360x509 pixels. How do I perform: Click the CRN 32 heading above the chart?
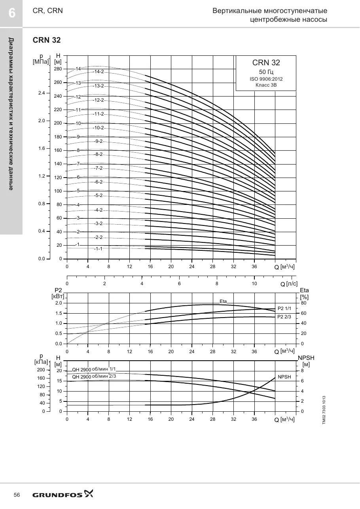pyautogui.click(x=47, y=40)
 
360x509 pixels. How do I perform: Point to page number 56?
pyautogui.click(x=17, y=495)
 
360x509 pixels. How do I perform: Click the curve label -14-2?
pyautogui.click(x=99, y=72)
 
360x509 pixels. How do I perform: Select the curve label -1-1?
pyautogui.click(x=99, y=249)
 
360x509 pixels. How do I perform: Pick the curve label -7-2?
pyautogui.click(x=99, y=168)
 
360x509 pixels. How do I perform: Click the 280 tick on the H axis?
pyautogui.click(x=58, y=69)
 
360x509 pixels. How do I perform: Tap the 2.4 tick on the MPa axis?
pyautogui.click(x=42, y=93)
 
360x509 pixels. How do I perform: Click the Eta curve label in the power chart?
pyautogui.click(x=223, y=301)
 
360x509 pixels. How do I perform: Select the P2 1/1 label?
pyautogui.click(x=284, y=308)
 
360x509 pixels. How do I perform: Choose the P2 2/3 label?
pyautogui.click(x=284, y=317)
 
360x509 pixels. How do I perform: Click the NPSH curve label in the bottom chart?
pyautogui.click(x=284, y=377)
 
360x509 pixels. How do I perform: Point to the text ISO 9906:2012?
pyautogui.click(x=266, y=79)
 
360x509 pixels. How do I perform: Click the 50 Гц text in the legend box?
pyautogui.click(x=266, y=72)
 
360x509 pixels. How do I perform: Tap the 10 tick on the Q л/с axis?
pyautogui.click(x=254, y=284)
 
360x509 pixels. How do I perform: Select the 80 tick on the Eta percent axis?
pyautogui.click(x=304, y=303)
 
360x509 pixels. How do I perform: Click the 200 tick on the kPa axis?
pyautogui.click(x=41, y=370)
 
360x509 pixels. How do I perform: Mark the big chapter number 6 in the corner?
pyautogui.click(x=12, y=13)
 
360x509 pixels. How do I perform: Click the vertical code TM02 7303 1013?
pyautogui.click(x=324, y=410)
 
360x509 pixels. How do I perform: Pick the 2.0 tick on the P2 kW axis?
pyautogui.click(x=59, y=303)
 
